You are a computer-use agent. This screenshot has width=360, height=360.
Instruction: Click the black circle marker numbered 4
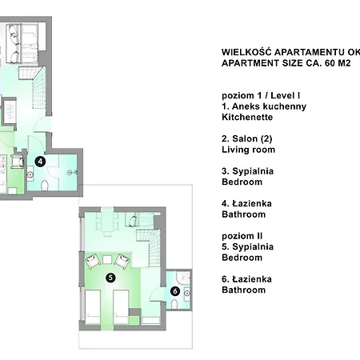click(41, 161)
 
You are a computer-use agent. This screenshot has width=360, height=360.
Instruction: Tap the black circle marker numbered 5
click(110, 278)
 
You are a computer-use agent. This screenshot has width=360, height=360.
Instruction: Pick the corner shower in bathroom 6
click(184, 277)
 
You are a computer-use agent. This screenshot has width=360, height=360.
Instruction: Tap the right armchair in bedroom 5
click(122, 260)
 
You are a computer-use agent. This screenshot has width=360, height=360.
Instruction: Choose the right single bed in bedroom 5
click(122, 308)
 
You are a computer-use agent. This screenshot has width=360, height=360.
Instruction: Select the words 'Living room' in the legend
click(248, 150)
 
